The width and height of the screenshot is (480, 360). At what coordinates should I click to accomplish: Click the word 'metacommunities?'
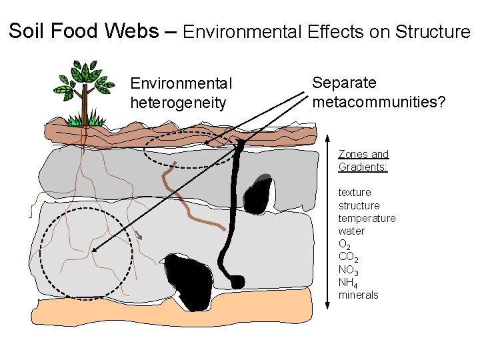379,102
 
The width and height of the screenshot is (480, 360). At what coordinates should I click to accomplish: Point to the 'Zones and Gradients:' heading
363,160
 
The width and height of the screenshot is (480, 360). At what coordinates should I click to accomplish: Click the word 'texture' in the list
355,193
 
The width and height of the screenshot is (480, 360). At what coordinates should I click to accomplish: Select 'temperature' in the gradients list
367,218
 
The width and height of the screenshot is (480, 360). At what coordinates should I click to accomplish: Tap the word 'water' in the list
351,231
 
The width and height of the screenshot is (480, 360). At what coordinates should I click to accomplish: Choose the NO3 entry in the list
349,270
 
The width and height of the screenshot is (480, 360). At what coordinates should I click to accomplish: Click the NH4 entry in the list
348,283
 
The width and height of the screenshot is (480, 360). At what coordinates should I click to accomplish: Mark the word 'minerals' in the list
358,295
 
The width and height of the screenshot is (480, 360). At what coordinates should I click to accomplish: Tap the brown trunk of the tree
84,107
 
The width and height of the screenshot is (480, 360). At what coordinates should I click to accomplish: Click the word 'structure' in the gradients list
359,205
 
